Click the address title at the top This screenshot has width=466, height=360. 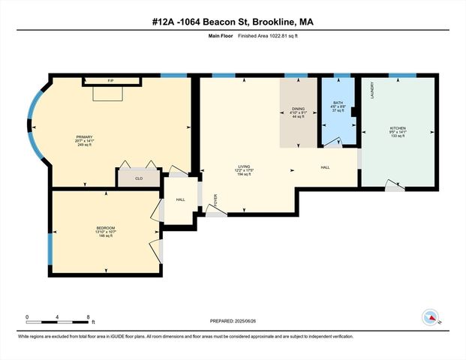[233, 22]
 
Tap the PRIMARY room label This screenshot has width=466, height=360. [84, 137]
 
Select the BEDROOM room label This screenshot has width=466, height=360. [106, 228]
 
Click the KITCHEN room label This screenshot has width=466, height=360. [398, 128]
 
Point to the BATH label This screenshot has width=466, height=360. [338, 103]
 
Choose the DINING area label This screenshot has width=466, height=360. [298, 109]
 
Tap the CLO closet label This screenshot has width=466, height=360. [138, 178]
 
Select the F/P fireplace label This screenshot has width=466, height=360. [110, 80]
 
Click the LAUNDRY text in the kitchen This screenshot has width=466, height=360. [371, 90]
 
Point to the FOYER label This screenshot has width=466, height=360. [215, 200]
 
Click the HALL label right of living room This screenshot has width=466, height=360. [324, 167]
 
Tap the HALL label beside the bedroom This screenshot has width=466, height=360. [180, 199]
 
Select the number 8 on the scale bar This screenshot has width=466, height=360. [89, 316]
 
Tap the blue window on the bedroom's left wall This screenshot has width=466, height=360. [50, 247]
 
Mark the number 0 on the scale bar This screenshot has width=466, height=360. [27, 316]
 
